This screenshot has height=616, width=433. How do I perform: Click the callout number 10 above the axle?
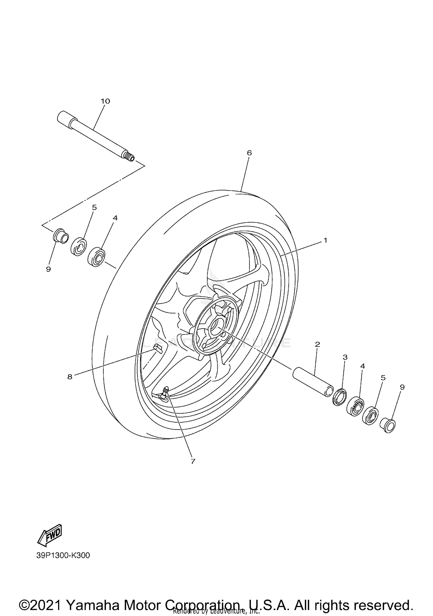point(105,101)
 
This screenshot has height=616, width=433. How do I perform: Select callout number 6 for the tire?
point(249,153)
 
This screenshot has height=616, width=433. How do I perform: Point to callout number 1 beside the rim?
point(325,240)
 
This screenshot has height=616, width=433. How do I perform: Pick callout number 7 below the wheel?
point(193,461)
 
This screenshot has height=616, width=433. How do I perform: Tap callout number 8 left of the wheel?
point(70,377)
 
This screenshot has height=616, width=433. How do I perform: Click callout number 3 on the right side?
point(345,357)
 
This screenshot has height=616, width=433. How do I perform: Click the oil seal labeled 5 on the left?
point(79,246)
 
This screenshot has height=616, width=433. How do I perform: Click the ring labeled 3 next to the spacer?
point(339,397)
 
